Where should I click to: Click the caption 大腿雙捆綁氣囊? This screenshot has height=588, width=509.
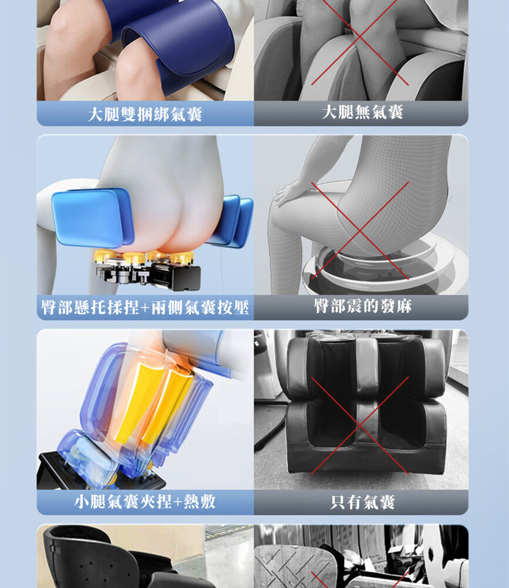(145, 114)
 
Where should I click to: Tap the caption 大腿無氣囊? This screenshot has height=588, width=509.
(362, 112)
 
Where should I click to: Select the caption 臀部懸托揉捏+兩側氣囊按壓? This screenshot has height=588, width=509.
(145, 308)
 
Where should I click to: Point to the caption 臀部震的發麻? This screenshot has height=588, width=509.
(363, 306)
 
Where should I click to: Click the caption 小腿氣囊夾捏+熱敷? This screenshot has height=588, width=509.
(145, 502)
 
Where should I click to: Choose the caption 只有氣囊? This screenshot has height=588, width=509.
(362, 502)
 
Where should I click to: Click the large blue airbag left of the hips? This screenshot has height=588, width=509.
(92, 217)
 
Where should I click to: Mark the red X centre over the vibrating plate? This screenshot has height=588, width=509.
(360, 230)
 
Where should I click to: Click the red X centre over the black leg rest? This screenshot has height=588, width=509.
(360, 425)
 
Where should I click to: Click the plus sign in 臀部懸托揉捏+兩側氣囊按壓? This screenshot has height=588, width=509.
(145, 308)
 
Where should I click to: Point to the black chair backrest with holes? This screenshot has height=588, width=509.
(90, 556)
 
